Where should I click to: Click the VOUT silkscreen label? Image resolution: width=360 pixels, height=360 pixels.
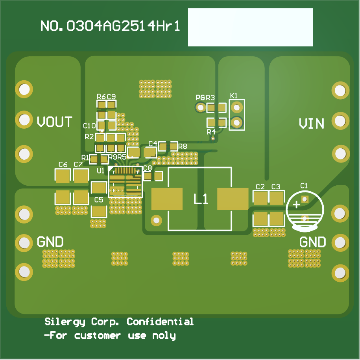[x=55, y=122]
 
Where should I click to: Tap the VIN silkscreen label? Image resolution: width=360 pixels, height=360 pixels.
[x=312, y=124]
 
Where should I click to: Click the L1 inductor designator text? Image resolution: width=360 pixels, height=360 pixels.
[x=201, y=199]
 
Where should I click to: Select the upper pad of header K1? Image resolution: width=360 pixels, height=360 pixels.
[x=236, y=107]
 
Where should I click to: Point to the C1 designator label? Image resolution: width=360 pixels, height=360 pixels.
[x=304, y=185]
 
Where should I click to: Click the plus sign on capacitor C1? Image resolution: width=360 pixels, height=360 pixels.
[x=296, y=205]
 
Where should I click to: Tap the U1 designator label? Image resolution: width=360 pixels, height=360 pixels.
[x=100, y=171]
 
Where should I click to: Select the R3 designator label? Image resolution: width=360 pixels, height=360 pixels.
[x=210, y=98]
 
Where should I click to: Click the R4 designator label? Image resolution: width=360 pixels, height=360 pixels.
[x=211, y=131]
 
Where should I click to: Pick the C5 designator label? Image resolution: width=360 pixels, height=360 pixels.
[x=99, y=200]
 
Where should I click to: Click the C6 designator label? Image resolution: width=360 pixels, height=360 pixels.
[x=63, y=164]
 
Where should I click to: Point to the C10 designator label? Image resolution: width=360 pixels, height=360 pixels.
[x=89, y=126]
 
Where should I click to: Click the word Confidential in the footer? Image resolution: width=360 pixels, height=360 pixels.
[x=160, y=322]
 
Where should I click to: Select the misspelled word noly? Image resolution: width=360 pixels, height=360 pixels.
[x=164, y=336]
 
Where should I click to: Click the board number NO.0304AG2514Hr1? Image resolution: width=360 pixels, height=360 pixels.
[x=111, y=26]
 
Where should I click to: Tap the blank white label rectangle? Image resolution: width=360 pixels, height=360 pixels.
[x=250, y=27]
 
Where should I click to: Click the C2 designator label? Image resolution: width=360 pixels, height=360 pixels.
[x=260, y=187]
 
